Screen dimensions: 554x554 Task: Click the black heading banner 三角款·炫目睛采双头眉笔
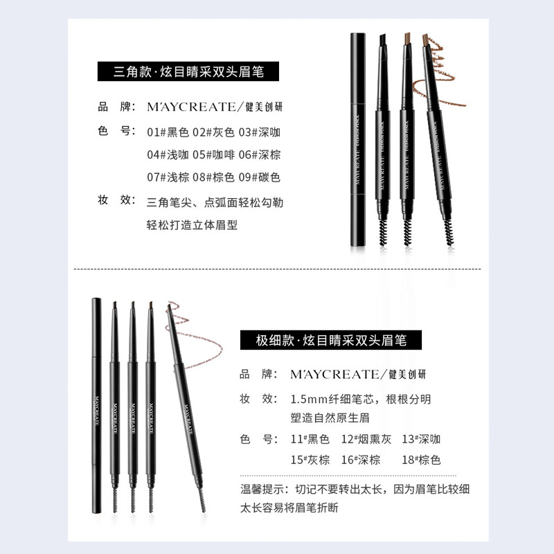click(189, 71)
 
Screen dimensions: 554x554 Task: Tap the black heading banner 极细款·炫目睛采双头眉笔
click(332, 340)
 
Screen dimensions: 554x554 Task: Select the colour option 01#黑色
click(168, 132)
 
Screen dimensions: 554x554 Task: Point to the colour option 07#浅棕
click(168, 177)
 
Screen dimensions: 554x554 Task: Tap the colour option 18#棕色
click(421, 459)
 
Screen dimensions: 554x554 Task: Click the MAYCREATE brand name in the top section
click(191, 107)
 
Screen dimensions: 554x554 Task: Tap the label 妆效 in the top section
click(115, 200)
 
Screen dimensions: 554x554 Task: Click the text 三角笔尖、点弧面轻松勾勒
click(215, 203)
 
